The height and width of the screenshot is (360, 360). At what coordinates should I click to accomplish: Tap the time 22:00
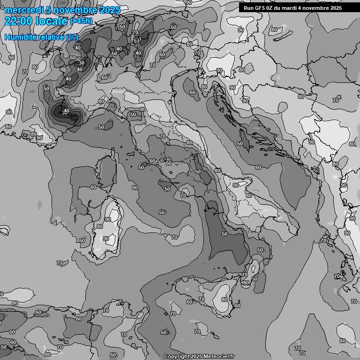[19, 21]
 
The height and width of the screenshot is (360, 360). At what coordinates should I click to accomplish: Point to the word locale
[52, 21]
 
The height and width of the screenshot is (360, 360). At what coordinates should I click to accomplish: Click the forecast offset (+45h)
[81, 21]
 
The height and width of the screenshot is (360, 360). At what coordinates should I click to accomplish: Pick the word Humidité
[19, 37]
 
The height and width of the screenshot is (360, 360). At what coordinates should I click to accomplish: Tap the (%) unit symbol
[72, 37]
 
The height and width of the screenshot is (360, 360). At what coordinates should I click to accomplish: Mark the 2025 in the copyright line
[196, 357]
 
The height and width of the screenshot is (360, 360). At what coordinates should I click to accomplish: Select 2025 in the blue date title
[109, 10]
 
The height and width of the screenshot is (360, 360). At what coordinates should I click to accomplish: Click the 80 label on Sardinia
[100, 226]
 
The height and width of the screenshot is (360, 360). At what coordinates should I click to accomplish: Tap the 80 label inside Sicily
[225, 300]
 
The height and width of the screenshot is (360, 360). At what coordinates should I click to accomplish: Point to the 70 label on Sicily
[202, 299]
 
